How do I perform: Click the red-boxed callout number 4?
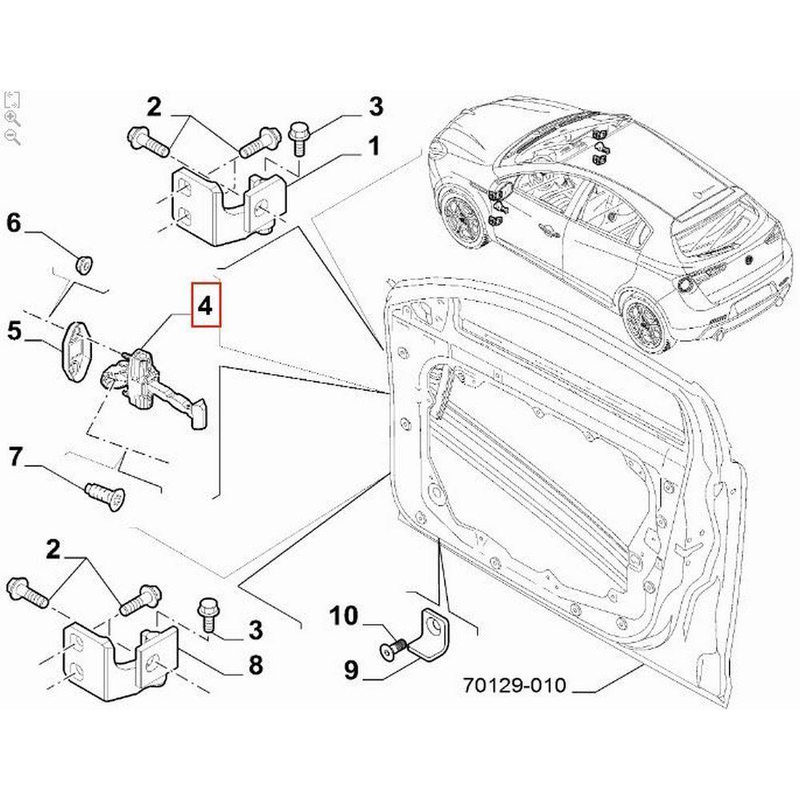coord(205,306)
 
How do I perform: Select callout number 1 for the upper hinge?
coord(373,146)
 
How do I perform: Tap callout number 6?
coord(14,223)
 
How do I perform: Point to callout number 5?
coord(14,330)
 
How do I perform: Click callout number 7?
coord(14,458)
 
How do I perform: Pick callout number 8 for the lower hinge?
coord(254,664)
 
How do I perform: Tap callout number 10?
coord(346,617)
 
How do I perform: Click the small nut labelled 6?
coord(82,263)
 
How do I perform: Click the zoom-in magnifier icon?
coord(12,118)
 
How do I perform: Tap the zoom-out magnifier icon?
coord(12,137)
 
